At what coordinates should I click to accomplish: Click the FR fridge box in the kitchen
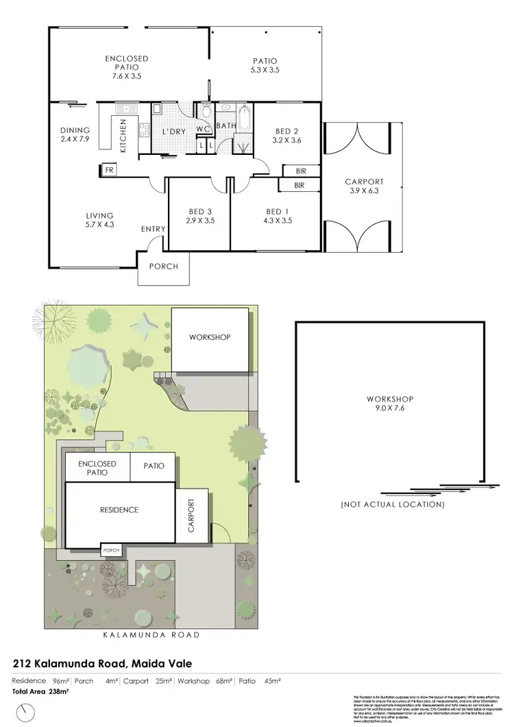[108, 169]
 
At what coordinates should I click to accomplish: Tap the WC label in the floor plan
[202, 130]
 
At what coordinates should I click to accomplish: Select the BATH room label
[227, 126]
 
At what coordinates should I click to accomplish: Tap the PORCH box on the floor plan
[163, 267]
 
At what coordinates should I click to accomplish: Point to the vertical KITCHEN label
[124, 135]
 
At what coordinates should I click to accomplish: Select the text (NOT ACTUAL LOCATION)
[393, 504]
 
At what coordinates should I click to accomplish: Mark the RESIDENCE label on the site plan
[119, 510]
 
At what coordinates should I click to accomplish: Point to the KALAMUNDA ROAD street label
[151, 634]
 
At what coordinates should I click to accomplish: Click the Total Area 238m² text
[42, 692]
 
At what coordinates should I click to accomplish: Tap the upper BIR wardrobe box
[299, 171]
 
